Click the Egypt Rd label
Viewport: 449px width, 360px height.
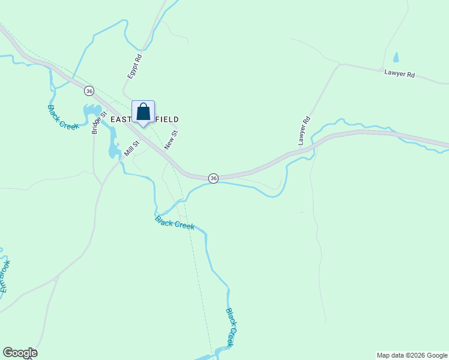(x=134, y=67)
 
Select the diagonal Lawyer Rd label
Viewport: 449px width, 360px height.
(x=304, y=130)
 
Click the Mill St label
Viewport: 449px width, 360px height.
(x=131, y=148)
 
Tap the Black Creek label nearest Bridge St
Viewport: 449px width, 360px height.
(x=63, y=116)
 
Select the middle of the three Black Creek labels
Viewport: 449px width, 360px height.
(x=175, y=223)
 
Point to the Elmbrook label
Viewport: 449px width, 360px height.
(x=5, y=276)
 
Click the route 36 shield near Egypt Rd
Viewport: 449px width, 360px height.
(x=89, y=91)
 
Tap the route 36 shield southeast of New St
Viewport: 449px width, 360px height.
(x=213, y=178)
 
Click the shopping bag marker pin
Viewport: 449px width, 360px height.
(x=143, y=112)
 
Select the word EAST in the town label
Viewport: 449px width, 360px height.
(x=121, y=120)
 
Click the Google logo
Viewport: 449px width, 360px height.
(x=20, y=353)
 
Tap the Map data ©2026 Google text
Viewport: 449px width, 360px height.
(x=412, y=355)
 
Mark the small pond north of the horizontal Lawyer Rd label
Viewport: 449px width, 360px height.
(x=395, y=58)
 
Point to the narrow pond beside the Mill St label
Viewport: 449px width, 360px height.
(x=113, y=144)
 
